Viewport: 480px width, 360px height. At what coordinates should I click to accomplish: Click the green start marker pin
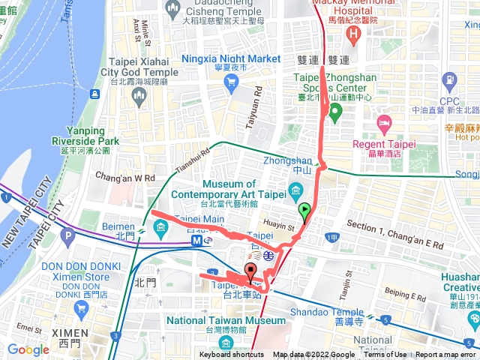pos(304,212)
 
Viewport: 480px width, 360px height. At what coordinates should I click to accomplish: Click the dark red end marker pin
pos(250,273)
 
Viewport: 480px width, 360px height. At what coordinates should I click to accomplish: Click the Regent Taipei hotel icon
pos(384,121)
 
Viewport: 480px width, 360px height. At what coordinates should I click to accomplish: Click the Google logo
pos(28,349)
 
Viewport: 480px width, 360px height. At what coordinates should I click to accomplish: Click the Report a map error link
pos(447,355)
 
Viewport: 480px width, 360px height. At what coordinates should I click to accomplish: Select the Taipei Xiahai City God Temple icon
pos(138,94)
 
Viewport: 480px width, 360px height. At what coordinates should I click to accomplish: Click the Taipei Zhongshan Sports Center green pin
pos(335,114)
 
